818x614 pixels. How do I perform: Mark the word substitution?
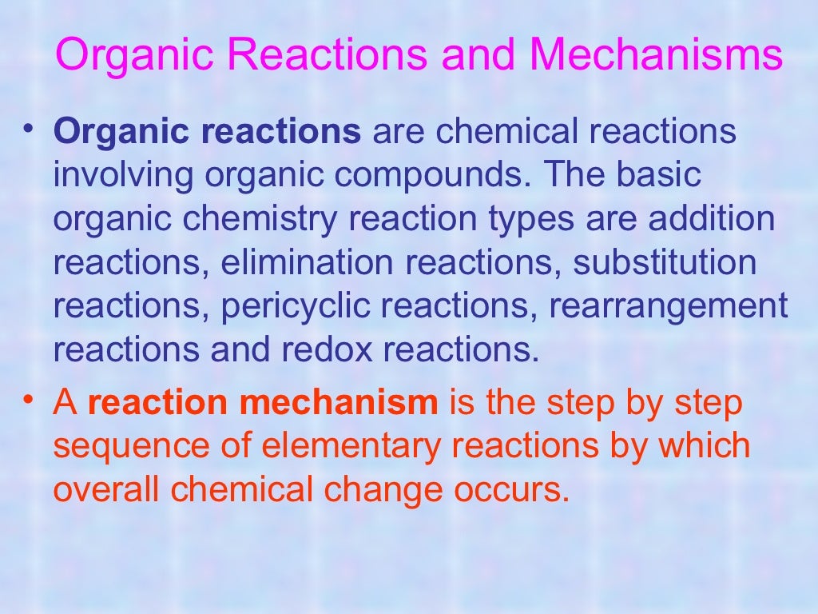[x=665, y=262]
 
